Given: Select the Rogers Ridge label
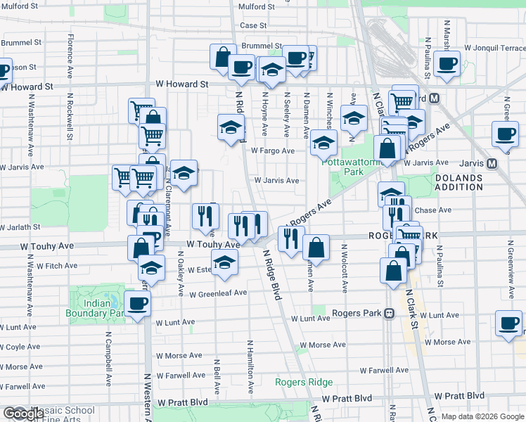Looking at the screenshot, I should point(304,383).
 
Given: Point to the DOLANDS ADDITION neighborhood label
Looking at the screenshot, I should point(458,183).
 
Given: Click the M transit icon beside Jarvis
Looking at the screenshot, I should point(492,163).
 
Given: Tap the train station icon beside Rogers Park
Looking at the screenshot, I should point(387,314).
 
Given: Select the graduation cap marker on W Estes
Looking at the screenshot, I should point(224,262).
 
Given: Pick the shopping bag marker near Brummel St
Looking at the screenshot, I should point(222,57).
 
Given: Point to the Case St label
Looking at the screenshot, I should point(253,25).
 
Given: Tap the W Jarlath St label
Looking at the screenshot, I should point(22,227).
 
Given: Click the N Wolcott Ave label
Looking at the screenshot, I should point(345,268).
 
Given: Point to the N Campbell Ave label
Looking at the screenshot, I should point(109,365).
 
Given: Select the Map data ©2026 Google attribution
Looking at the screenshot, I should point(482,416).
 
